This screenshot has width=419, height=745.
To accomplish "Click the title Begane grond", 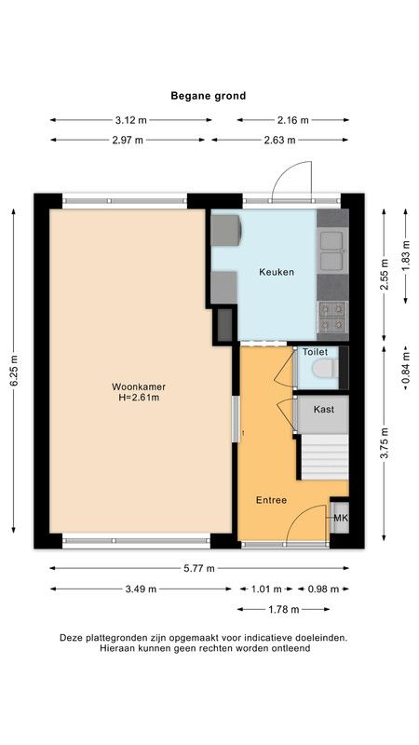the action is [208, 96].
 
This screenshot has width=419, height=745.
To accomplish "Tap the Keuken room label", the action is [276, 272].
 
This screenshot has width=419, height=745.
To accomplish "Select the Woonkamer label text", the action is [139, 386].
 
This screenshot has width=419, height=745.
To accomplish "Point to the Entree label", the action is [271, 500].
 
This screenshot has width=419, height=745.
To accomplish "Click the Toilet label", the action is [316, 352].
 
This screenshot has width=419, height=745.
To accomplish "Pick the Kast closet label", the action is [323, 409].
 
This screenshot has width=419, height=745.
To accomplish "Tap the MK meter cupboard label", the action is [341, 518].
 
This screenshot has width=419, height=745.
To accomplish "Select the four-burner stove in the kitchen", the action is [332, 317].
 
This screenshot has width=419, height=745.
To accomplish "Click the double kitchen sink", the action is [332, 251].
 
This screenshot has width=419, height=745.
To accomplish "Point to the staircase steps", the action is [325, 456].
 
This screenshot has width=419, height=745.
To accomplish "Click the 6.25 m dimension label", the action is [14, 371].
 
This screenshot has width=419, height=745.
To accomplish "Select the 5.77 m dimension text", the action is [199, 568].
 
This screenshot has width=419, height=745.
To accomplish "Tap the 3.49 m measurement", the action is [141, 589].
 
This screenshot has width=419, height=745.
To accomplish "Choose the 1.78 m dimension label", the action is [284, 610].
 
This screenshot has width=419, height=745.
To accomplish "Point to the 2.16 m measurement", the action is [293, 120].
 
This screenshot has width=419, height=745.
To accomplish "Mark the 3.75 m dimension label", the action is [385, 443].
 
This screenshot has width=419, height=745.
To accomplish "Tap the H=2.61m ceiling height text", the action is [139, 398].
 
